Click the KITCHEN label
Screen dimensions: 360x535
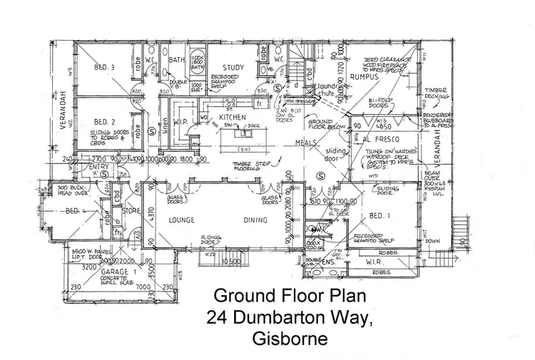(x=232, y=116)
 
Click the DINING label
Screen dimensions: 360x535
(x=255, y=220)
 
